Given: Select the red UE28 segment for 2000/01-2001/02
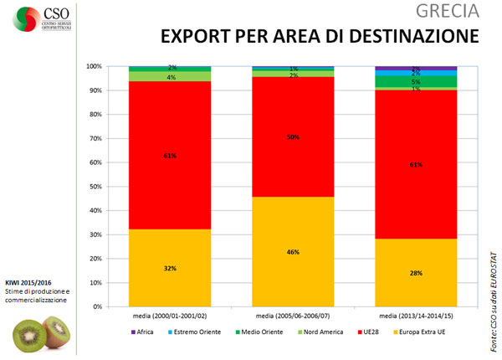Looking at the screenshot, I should coord(169,155).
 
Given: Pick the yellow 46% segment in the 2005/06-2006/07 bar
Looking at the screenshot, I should coord(294,251).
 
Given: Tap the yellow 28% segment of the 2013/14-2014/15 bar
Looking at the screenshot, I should coord(417,273).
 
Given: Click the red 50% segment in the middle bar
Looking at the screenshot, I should coord(294,136).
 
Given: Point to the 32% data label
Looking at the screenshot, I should coord(170,269).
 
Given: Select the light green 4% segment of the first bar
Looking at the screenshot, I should coord(169,76).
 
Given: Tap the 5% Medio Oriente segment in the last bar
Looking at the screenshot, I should coord(417,81).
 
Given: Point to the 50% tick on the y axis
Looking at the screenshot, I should coord(96,187).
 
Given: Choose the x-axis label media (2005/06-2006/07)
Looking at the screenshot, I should coord(294,316).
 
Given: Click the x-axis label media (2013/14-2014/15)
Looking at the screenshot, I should coord(417,316).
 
